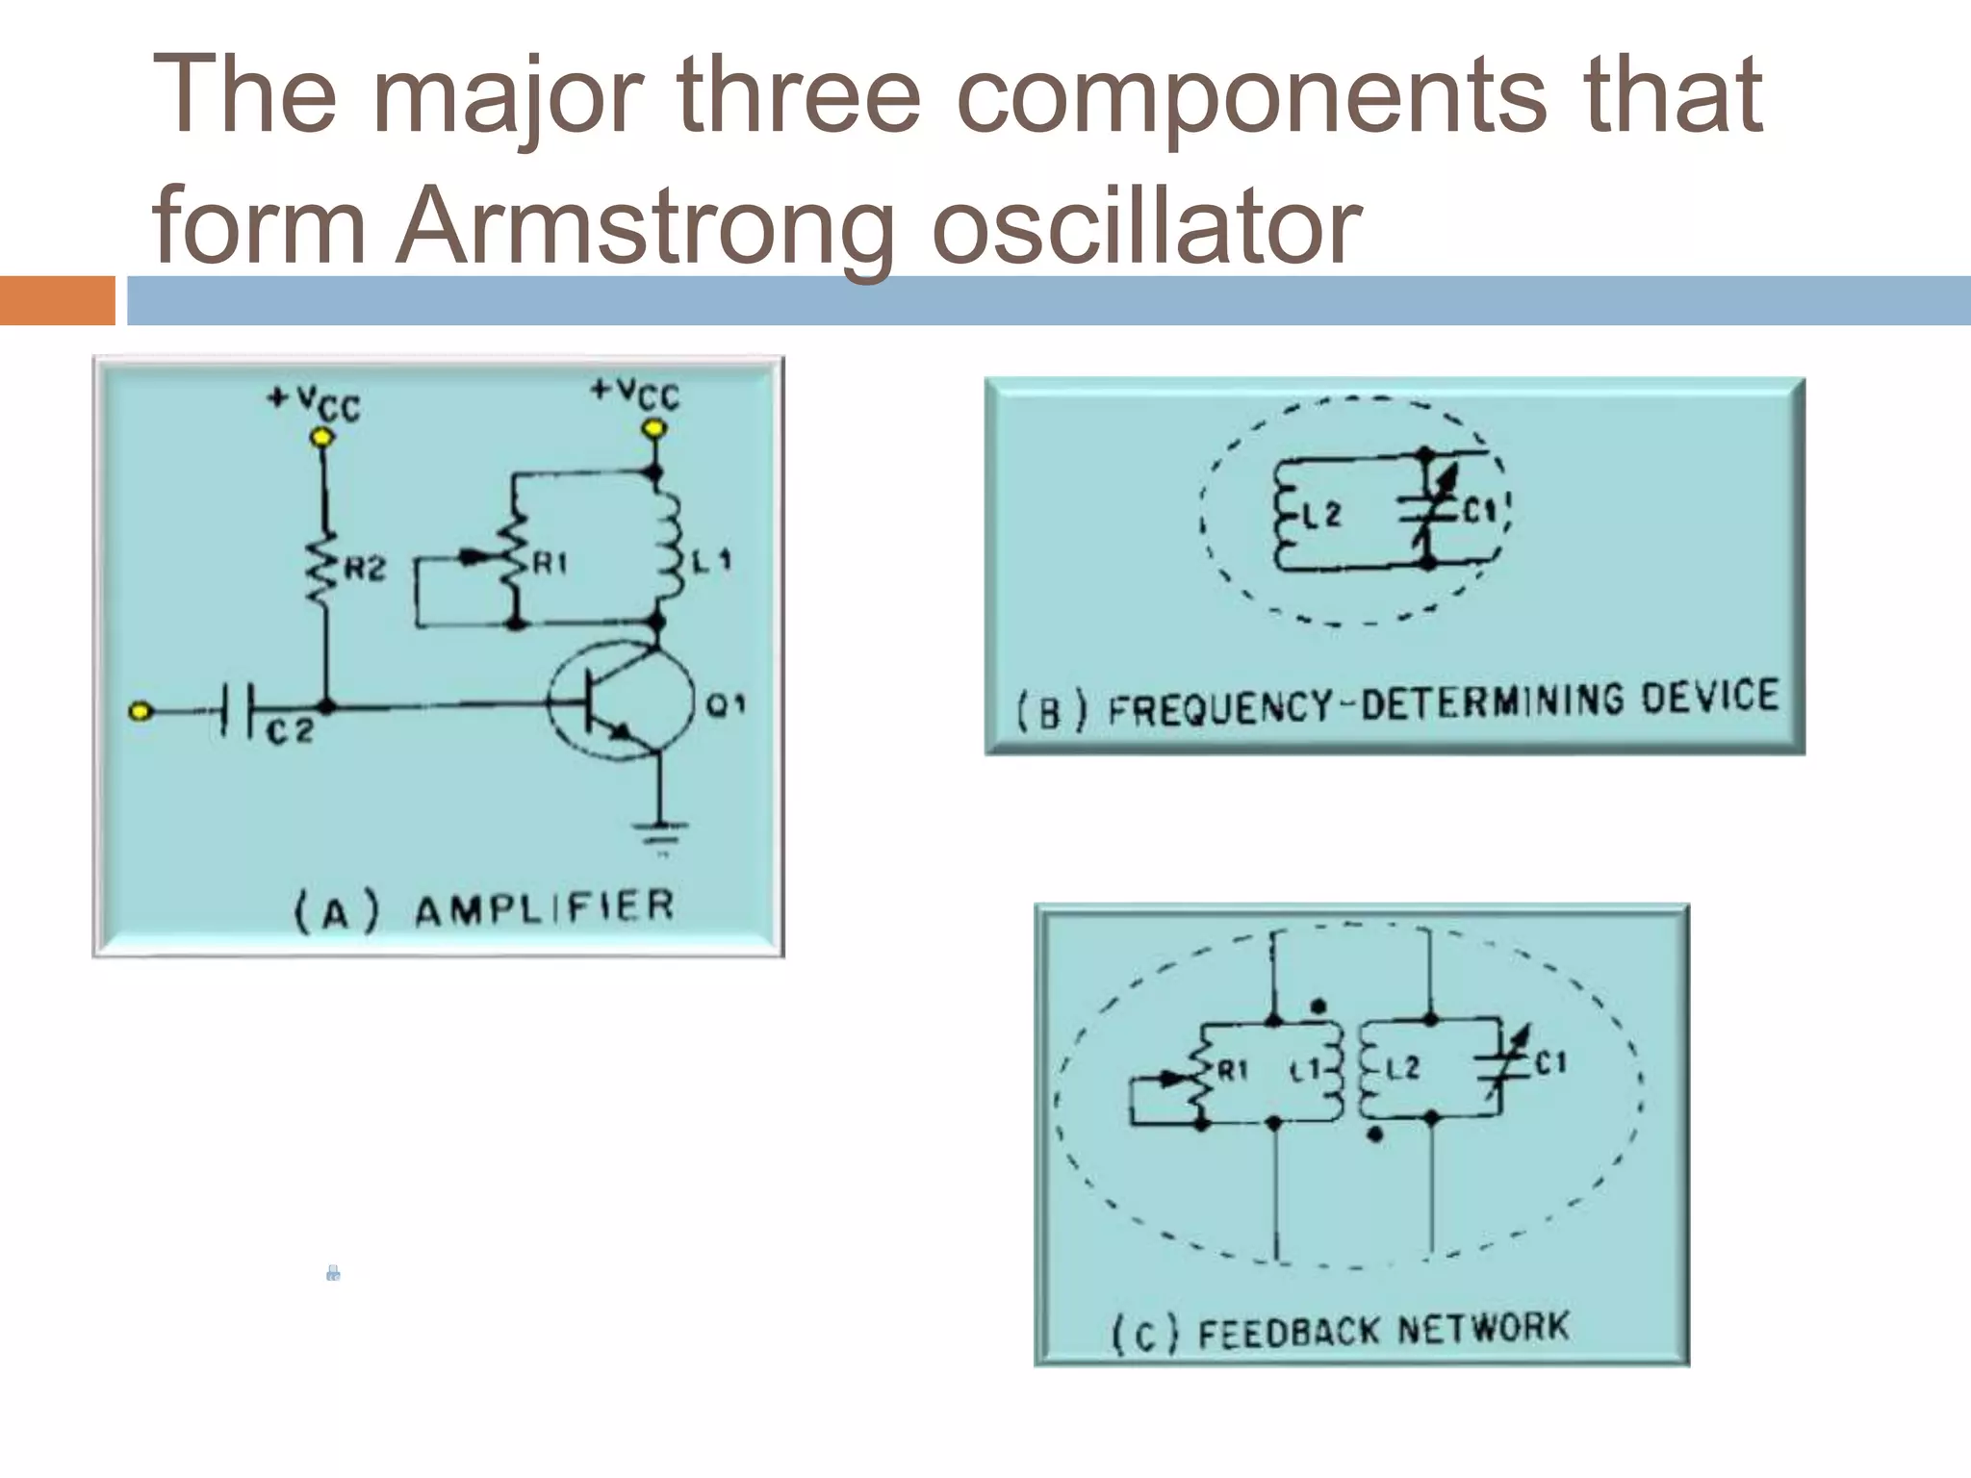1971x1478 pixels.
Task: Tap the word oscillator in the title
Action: (1145, 226)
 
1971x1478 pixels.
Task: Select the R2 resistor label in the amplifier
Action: (365, 570)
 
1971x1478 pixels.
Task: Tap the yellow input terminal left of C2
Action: (141, 711)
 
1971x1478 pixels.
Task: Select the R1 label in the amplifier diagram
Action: (550, 563)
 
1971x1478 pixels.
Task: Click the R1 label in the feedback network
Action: (1233, 1069)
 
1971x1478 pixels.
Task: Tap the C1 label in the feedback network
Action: (1550, 1063)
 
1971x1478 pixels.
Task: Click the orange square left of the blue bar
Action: (58, 300)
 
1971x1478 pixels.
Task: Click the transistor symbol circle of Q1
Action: (621, 701)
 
